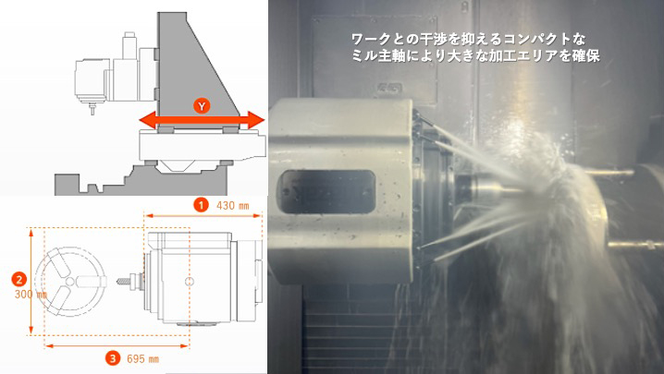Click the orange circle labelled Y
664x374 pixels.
(x=202, y=106)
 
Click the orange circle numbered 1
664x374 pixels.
(x=202, y=205)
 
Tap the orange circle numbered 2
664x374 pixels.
(x=19, y=279)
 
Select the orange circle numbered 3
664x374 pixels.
(x=113, y=359)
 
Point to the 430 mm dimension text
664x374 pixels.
(x=232, y=206)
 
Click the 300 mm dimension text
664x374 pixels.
(x=31, y=294)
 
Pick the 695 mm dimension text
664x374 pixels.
(x=142, y=359)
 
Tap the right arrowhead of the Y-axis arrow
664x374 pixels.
(x=256, y=120)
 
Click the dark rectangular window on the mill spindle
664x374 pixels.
(x=326, y=192)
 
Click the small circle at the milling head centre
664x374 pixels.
(x=190, y=282)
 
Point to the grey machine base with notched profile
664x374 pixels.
(x=141, y=181)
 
